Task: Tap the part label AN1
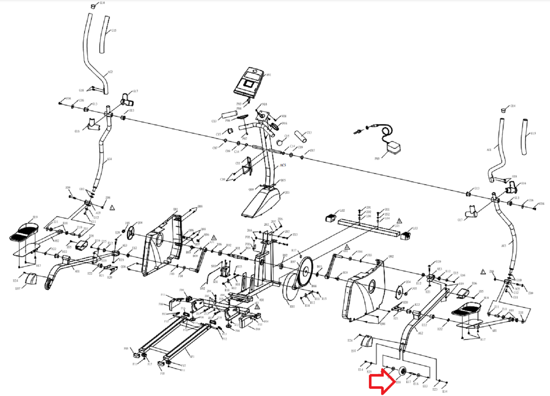point(269,75)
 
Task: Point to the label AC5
point(283,165)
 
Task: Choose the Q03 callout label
point(287,193)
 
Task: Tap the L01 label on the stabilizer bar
point(397,226)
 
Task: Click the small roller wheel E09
point(402,372)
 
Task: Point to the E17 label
point(409,382)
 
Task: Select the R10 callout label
point(292,307)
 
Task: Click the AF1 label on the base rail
point(192,357)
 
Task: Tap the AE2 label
point(420,333)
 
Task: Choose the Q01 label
point(176,209)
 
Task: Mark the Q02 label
point(391,257)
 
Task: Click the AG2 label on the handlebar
point(110,72)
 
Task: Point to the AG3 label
point(504,246)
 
